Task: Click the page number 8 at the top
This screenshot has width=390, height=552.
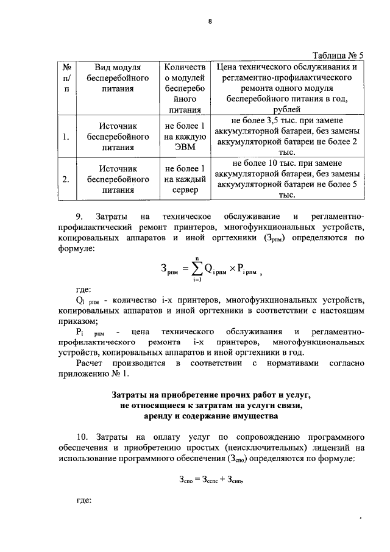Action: click(209, 22)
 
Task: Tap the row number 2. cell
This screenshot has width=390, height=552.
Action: click(66, 179)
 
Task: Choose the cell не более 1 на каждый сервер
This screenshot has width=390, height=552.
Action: click(184, 179)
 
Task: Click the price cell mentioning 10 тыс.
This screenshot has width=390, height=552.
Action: click(286, 179)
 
